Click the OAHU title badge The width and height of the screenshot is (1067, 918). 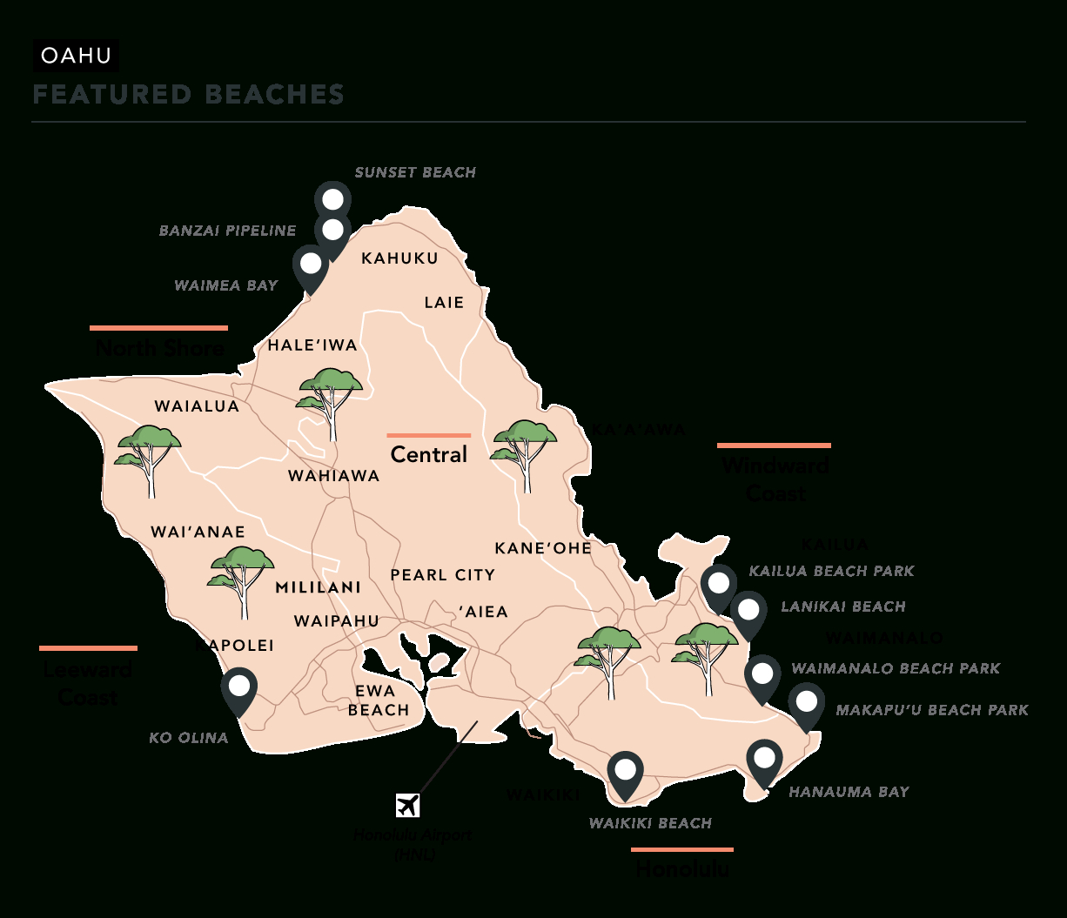tap(77, 57)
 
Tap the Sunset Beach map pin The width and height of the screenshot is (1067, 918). tap(332, 199)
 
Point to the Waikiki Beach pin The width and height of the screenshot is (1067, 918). tap(625, 772)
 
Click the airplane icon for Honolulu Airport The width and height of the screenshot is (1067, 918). tap(407, 805)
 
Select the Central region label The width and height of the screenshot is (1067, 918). tap(429, 454)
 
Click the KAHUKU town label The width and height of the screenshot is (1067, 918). tap(399, 258)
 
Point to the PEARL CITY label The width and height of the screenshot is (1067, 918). tap(442, 575)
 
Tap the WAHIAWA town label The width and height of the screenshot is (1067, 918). tap(334, 476)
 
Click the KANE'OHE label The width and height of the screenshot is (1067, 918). tap(543, 548)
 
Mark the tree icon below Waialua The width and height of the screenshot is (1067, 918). tap(150, 457)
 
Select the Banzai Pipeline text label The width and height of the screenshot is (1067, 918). tap(227, 231)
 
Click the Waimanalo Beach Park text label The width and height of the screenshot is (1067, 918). tap(896, 668)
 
